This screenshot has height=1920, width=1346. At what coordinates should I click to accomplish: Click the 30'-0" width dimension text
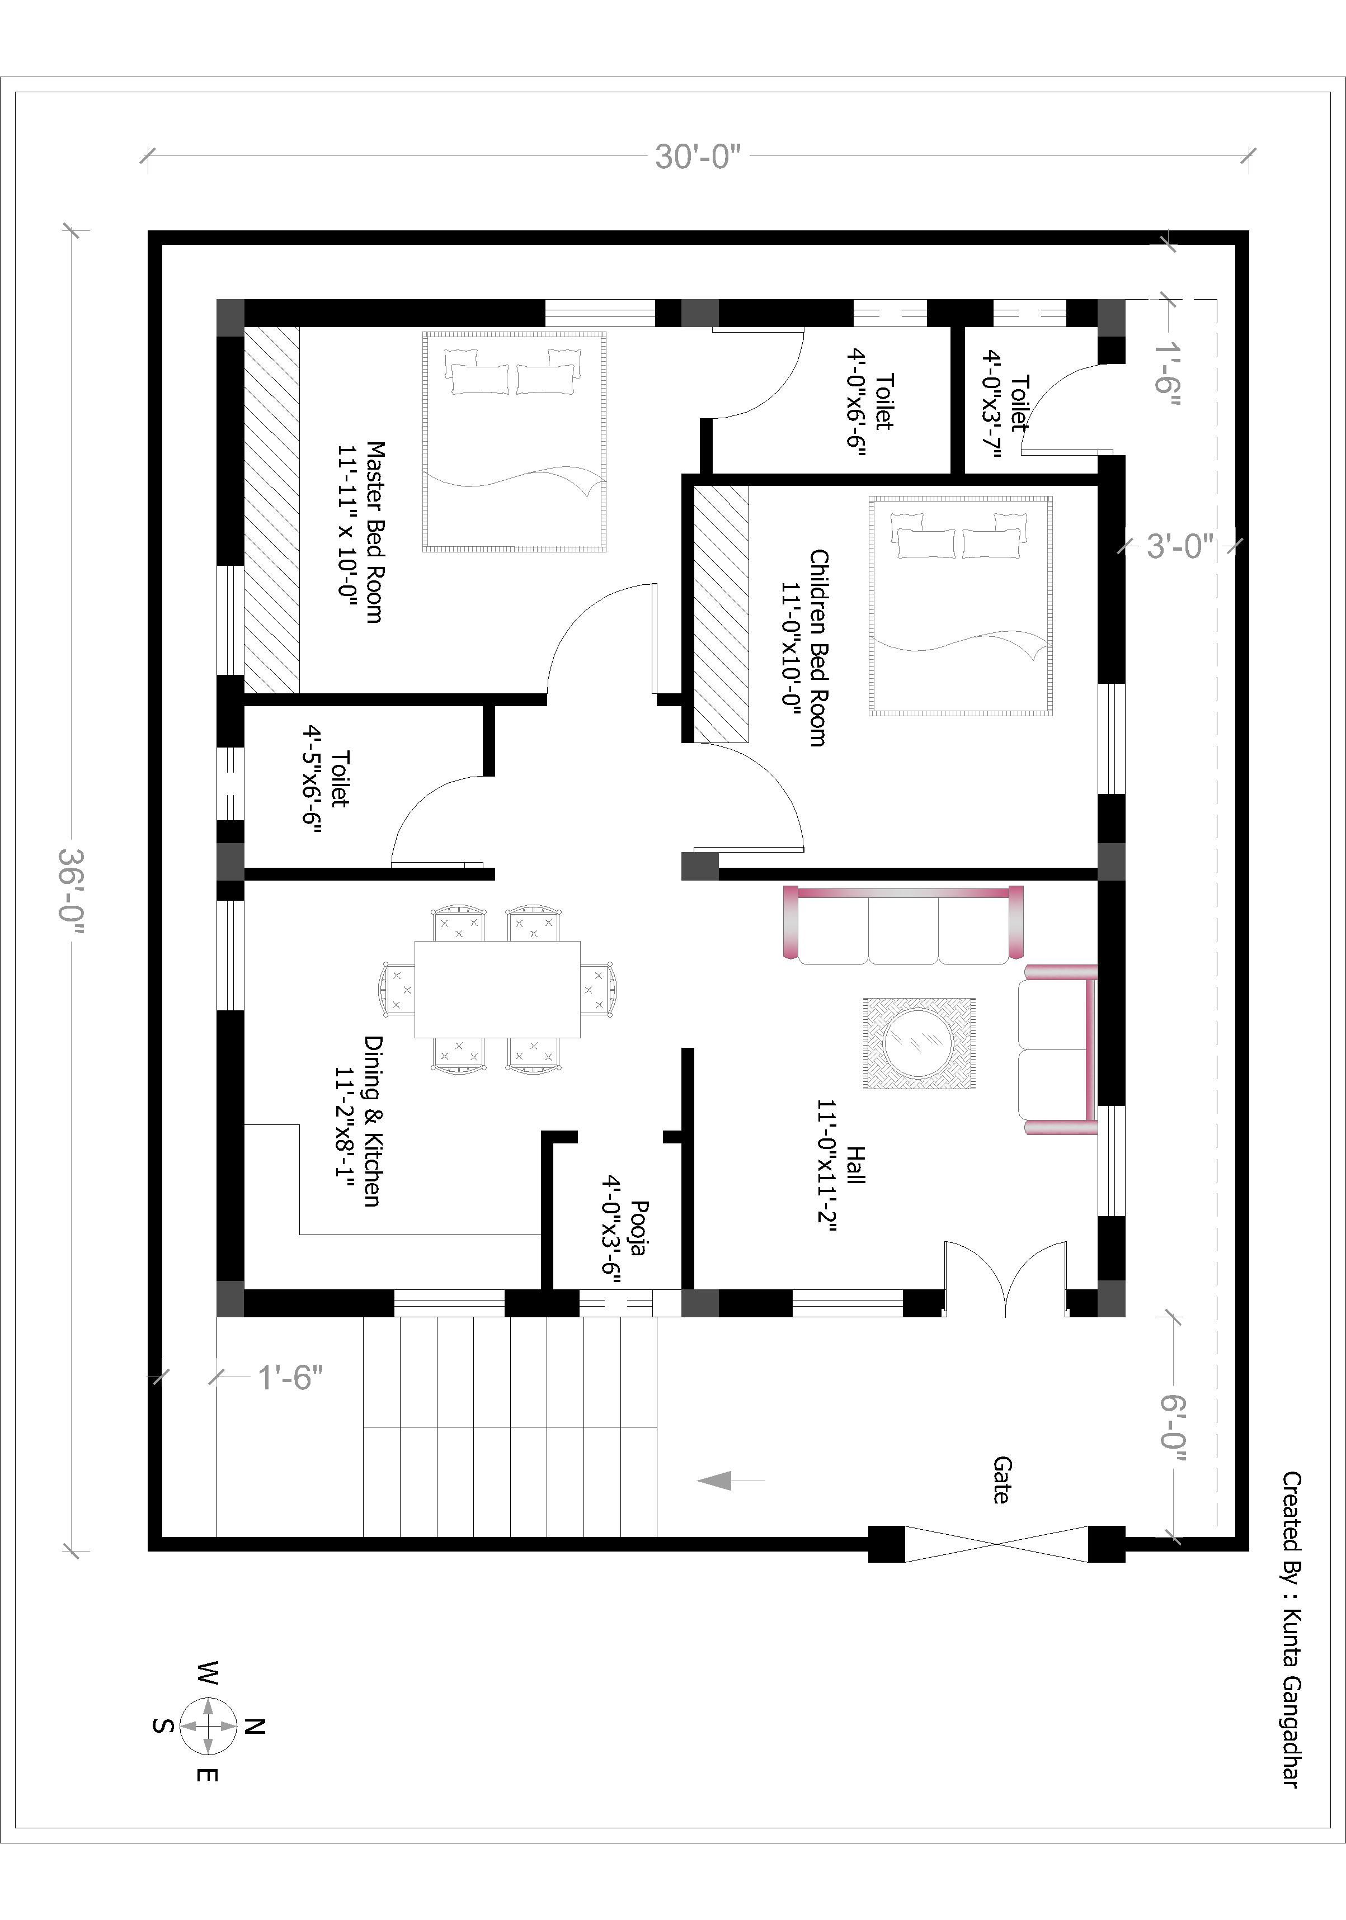(698, 157)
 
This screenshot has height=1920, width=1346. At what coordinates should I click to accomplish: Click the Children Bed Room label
(806, 647)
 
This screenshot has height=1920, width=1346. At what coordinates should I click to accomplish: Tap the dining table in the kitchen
(498, 989)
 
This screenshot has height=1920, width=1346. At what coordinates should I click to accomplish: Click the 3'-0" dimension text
(1179, 546)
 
